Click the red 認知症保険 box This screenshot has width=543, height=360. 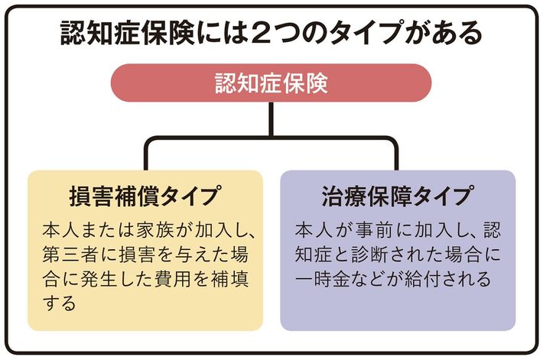pyautogui.click(x=271, y=83)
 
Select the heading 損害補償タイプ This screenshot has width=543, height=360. pyautogui.click(x=145, y=196)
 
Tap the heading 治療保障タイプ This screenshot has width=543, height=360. pyautogui.click(x=397, y=196)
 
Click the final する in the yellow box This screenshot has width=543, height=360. pyautogui.click(x=60, y=303)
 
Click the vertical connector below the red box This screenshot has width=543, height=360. pyautogui.click(x=271, y=118)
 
